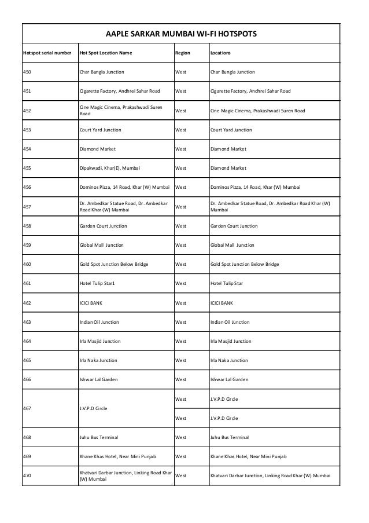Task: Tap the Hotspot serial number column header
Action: (46, 53)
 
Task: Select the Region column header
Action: (182, 53)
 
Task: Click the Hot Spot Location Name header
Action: (105, 53)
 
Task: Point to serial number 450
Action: (28, 72)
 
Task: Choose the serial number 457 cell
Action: (28, 207)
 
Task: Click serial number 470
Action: (28, 476)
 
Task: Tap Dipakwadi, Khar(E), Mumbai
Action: (109, 168)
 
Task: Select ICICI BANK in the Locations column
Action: (222, 302)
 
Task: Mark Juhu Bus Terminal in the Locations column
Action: (230, 437)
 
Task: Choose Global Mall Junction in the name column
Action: (101, 245)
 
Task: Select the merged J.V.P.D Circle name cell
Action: (93, 408)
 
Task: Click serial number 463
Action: (28, 322)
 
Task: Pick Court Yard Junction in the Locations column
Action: (231, 130)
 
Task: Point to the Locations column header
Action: (220, 53)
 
